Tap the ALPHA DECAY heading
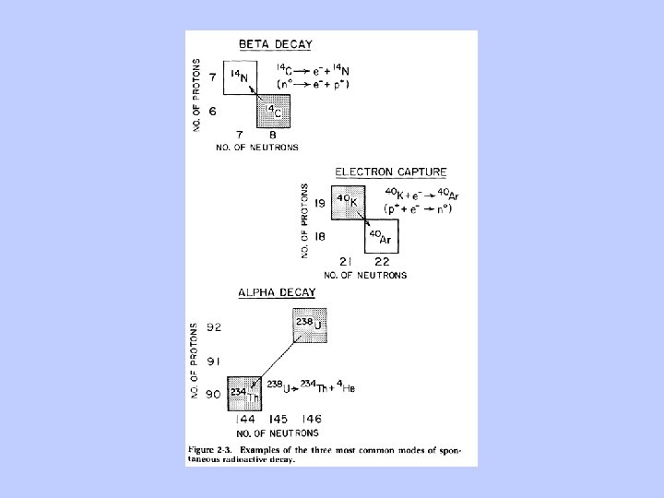277,293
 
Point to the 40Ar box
379,238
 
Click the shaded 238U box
310,326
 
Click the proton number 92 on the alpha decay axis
213,325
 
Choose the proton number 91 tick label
213,360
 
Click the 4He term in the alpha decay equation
346,387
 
